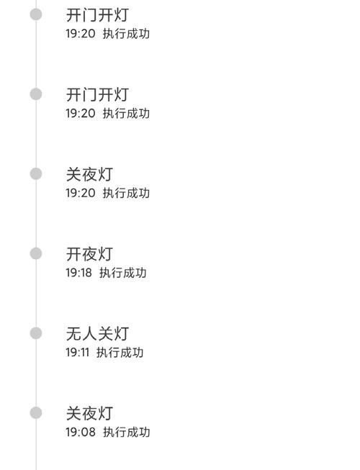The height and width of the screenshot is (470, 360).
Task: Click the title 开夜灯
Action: [x=89, y=254]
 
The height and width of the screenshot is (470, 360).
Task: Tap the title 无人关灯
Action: [x=97, y=334]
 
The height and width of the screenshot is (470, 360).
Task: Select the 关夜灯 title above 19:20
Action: [x=89, y=174]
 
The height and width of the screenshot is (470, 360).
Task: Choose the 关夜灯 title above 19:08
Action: [x=89, y=413]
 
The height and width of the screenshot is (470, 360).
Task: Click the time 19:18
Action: [x=78, y=273]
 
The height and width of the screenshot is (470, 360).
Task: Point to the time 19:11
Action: [x=78, y=353]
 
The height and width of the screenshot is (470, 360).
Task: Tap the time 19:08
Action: [x=81, y=433]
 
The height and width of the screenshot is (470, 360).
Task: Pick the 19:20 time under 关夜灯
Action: [x=81, y=193]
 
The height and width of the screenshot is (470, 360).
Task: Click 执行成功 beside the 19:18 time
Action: [x=123, y=273]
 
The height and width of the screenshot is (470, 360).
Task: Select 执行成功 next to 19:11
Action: [x=120, y=353]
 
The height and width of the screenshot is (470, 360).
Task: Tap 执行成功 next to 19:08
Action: [x=127, y=433]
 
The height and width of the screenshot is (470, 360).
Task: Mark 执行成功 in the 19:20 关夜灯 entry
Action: [x=126, y=193]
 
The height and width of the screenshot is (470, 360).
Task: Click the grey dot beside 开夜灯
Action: [x=36, y=253]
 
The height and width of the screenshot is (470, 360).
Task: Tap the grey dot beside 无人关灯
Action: [x=36, y=333]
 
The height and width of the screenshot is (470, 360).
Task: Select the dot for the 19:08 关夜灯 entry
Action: [x=36, y=413]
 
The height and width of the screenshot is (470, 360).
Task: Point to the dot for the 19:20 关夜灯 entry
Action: [x=36, y=174]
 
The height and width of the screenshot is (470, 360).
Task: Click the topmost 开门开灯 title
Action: [x=97, y=15]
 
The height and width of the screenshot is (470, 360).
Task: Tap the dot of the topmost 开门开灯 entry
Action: [x=36, y=14]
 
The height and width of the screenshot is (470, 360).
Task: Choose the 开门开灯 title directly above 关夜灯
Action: [x=97, y=95]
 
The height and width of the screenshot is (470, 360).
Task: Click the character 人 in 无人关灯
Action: [x=89, y=334]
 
